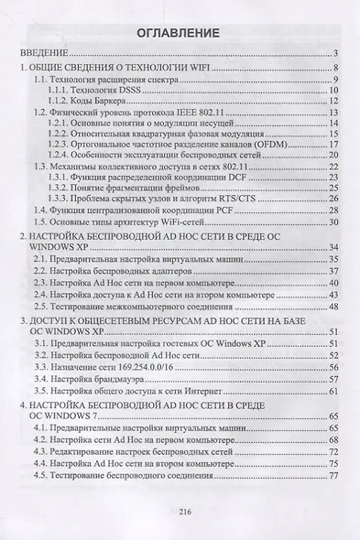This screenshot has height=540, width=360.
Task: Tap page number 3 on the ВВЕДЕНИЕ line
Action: pyautogui.click(x=337, y=54)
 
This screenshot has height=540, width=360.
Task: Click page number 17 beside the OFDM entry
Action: pyautogui.click(x=335, y=145)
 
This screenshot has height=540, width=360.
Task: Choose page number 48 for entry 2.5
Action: pyautogui.click(x=335, y=308)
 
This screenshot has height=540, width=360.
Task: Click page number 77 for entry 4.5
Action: pyautogui.click(x=335, y=475)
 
